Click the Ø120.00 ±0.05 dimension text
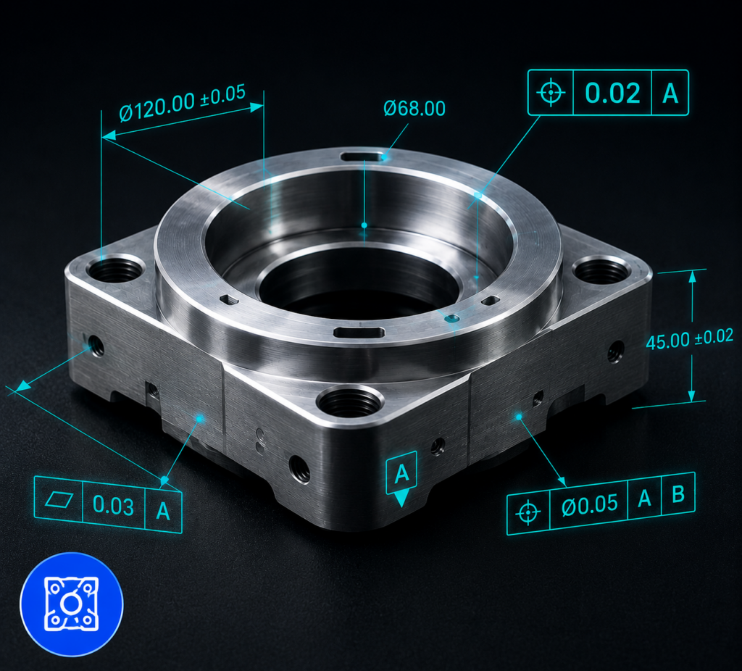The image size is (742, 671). [183, 103]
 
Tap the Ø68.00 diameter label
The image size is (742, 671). [414, 109]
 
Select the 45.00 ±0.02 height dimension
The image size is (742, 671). [690, 338]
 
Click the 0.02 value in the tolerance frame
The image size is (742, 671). [613, 93]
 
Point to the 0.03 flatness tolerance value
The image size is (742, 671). [113, 504]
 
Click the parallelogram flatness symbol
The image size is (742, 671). [59, 499]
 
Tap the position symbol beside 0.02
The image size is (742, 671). [551, 92]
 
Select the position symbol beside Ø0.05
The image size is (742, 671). [528, 512]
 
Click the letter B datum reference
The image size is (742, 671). [678, 494]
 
